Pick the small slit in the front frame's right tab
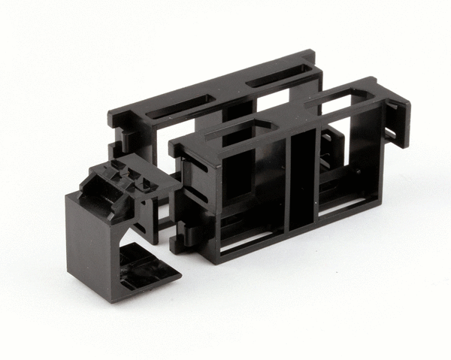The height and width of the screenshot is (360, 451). pos(389,132)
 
